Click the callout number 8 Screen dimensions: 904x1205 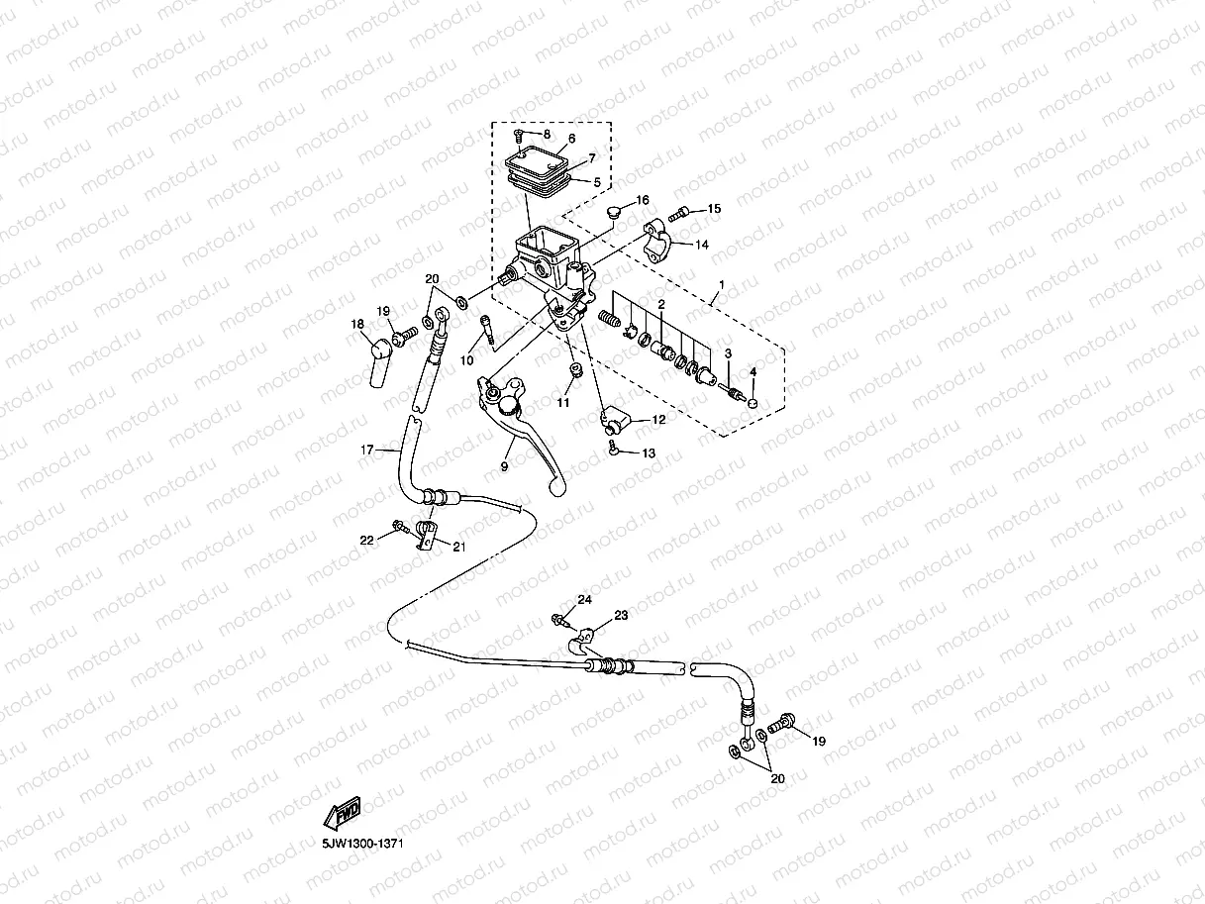click(x=546, y=134)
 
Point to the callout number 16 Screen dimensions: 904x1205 click(x=643, y=201)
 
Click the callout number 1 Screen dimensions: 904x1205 click(x=721, y=285)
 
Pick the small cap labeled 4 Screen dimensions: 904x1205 click(x=752, y=403)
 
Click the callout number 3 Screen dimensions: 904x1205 click(x=727, y=353)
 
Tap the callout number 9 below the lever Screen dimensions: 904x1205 click(x=503, y=466)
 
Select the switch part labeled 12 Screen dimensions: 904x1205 click(x=616, y=424)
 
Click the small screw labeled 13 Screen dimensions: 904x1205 click(x=615, y=451)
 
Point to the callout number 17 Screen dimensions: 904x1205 click(x=366, y=451)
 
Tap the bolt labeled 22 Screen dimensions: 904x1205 click(x=398, y=526)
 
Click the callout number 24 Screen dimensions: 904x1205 click(x=585, y=600)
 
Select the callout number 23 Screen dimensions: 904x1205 click(x=621, y=616)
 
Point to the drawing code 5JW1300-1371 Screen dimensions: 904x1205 click(x=360, y=844)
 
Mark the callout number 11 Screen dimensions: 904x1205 click(x=562, y=403)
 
